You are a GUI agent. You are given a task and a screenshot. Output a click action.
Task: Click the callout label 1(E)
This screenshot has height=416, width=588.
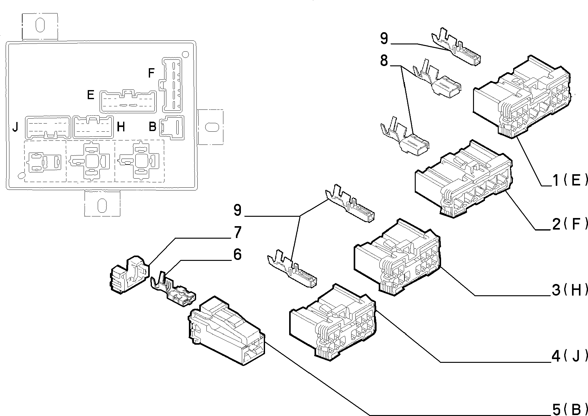569,180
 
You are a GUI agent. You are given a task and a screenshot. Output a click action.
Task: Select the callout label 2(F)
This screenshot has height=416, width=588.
569,224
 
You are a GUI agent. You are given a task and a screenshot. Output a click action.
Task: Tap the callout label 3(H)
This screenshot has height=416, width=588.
569,290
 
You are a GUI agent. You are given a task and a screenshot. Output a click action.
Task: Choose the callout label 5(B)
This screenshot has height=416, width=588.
569,409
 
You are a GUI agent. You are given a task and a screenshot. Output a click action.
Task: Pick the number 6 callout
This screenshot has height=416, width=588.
237,254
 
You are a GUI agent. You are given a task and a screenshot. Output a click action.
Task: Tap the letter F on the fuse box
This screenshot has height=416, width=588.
151,73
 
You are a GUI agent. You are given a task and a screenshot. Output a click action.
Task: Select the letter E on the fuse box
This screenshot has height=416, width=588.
91,94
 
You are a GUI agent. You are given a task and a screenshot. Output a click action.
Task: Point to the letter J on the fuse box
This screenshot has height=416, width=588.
15,127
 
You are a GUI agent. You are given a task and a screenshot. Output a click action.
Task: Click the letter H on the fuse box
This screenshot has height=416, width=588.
121,127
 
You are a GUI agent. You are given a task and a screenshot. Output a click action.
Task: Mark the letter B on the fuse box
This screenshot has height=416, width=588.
152,127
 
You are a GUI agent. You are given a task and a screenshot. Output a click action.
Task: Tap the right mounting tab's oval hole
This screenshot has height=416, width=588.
211,127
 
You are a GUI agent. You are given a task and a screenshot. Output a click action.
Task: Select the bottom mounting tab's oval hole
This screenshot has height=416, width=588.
102,205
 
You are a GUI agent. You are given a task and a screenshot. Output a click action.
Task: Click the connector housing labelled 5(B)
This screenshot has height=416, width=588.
226,330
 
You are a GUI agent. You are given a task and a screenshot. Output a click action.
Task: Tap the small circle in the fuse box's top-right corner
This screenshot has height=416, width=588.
185,54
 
